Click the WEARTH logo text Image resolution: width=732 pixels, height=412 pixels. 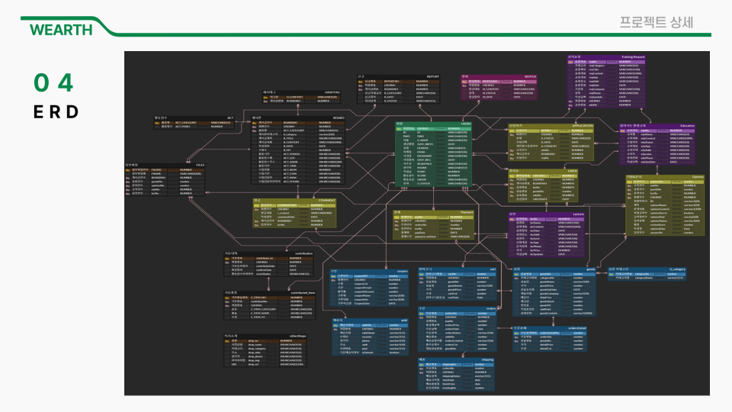(61, 30)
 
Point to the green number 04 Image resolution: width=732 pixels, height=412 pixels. (54, 82)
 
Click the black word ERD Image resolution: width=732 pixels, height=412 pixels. (56, 112)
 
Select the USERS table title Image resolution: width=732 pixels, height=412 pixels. (466, 124)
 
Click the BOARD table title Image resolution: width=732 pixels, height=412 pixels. (338, 117)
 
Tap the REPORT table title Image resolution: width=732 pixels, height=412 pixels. (432, 76)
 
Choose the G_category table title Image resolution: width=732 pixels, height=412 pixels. (676, 269)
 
